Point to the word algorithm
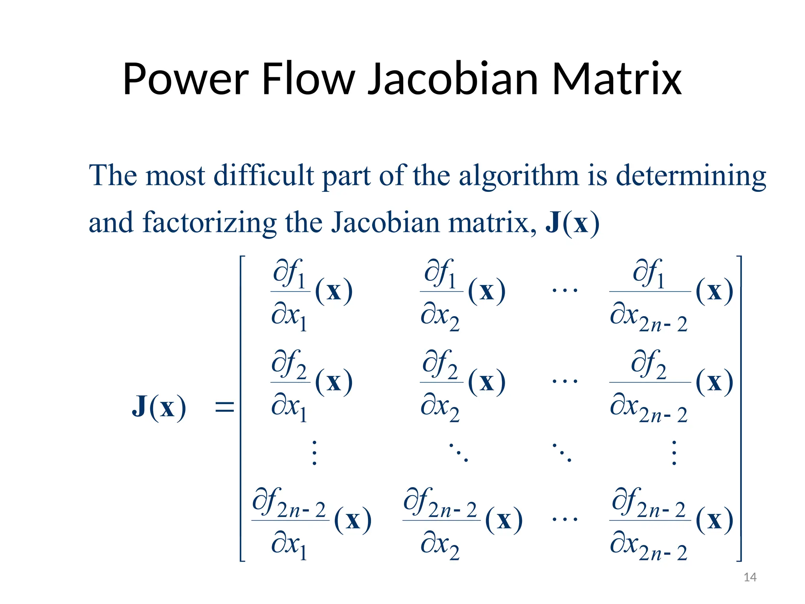point(518,176)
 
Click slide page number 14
point(750,577)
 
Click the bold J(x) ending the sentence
point(572,223)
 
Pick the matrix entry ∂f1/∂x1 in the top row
point(311,293)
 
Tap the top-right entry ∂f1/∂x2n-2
point(671,293)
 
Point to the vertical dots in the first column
point(314,453)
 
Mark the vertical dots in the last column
point(674,453)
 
